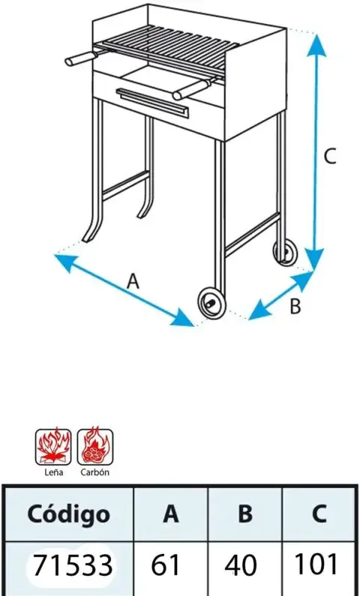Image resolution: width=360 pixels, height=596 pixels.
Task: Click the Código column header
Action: click(69, 514)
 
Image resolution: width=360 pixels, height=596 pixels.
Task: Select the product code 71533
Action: click(73, 565)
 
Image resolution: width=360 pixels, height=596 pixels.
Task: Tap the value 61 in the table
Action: click(165, 565)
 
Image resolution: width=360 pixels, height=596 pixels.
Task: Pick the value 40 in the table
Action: click(240, 565)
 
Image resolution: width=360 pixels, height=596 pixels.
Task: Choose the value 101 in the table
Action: click(316, 564)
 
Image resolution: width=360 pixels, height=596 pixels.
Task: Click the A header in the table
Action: click(171, 514)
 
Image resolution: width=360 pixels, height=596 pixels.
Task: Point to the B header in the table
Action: click(244, 514)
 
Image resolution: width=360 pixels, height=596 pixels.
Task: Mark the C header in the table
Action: click(319, 514)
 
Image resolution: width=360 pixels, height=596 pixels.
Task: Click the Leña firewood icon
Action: click(53, 447)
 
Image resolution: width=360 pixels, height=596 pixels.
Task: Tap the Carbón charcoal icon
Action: click(95, 447)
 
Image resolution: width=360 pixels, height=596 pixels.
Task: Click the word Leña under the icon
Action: click(53, 472)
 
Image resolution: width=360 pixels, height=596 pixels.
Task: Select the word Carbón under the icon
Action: click(95, 472)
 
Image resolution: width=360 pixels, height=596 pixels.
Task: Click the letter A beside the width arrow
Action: click(133, 282)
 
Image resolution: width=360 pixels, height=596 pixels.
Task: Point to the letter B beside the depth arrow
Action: click(295, 307)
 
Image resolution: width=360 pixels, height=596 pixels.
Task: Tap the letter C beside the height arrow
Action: click(330, 156)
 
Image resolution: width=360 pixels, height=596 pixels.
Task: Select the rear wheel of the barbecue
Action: click(286, 252)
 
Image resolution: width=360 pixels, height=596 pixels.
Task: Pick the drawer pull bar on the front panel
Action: click(152, 102)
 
